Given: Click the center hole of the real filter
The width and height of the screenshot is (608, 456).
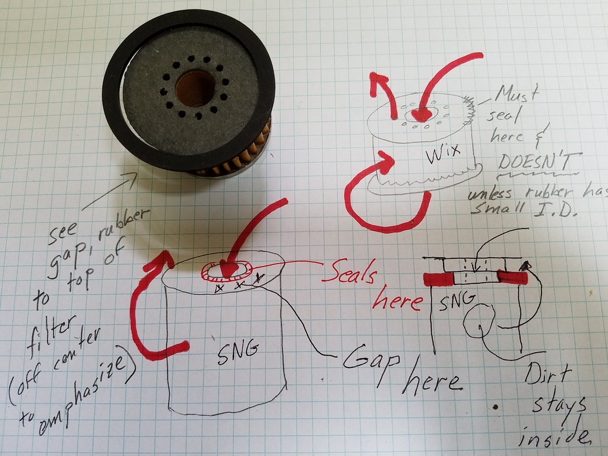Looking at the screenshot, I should tap(195, 88).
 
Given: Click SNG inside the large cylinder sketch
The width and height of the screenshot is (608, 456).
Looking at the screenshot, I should tap(237, 350).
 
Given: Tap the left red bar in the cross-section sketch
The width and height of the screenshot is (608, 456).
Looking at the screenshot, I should tap(438, 278).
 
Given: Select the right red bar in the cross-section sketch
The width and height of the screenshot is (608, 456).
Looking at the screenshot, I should tap(512, 277).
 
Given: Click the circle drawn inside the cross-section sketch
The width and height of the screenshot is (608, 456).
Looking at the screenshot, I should tap(478, 321).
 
